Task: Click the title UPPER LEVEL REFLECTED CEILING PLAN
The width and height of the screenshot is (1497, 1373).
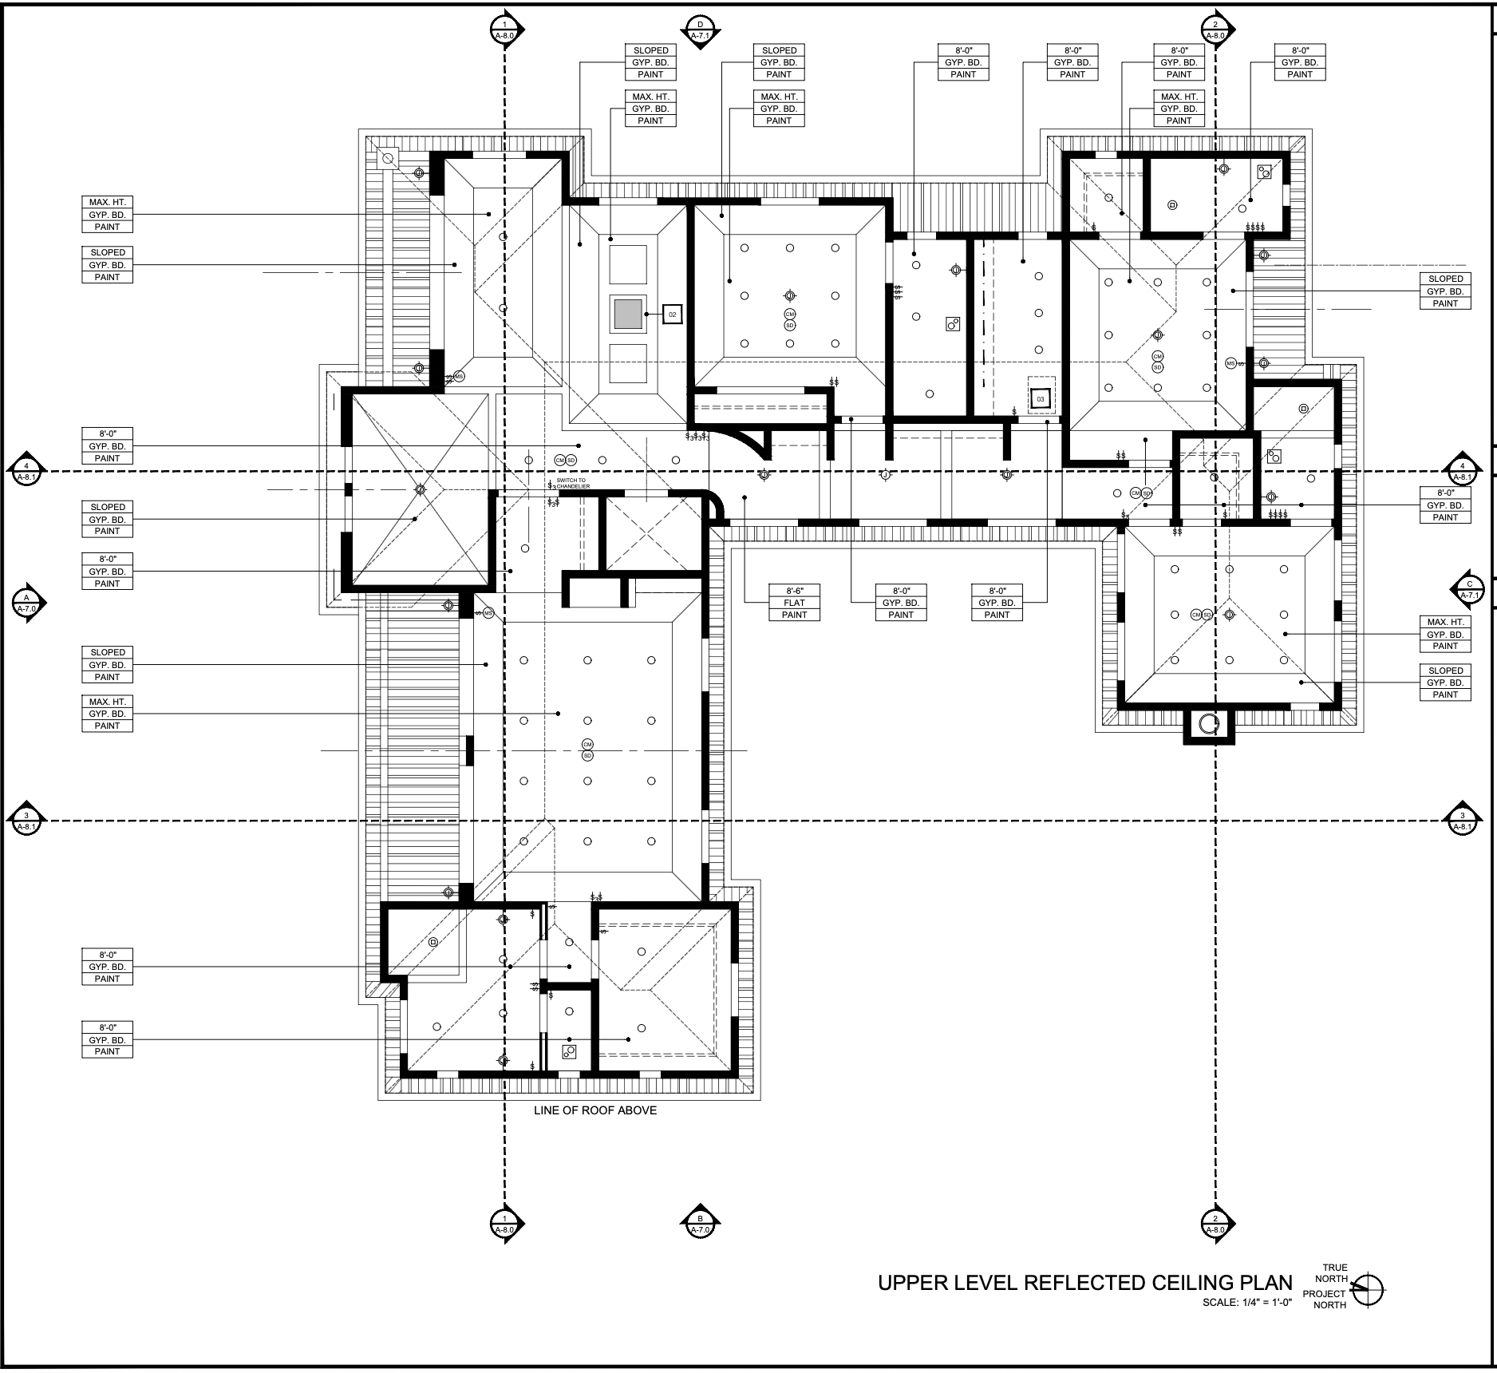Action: coord(1084,1283)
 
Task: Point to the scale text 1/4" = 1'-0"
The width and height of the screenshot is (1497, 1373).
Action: coord(1246,1303)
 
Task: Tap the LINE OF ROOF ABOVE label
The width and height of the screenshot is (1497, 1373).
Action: coord(595,1110)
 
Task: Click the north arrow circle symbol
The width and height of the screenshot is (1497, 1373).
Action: coord(1369,1288)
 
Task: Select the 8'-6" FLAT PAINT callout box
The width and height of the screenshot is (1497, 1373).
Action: coord(794,603)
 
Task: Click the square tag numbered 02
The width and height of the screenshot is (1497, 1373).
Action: coord(672,315)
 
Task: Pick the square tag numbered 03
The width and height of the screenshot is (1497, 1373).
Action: coord(1040,398)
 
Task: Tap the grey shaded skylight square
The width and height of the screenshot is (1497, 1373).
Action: coord(628,315)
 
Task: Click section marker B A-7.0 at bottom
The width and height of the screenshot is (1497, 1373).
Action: coord(700,1224)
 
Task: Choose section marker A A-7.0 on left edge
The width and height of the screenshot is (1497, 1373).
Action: coord(26,603)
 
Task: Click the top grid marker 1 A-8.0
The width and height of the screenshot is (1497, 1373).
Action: coord(504,30)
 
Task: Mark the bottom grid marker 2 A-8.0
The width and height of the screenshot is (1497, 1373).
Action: coord(1215,1224)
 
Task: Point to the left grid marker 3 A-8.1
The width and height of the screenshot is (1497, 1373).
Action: coord(26,821)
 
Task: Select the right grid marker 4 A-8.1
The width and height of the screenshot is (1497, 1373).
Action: coord(1462,472)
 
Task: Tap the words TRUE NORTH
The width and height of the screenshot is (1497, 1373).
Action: coord(1334,1272)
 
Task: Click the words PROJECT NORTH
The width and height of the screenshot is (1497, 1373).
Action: coord(1325,1299)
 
